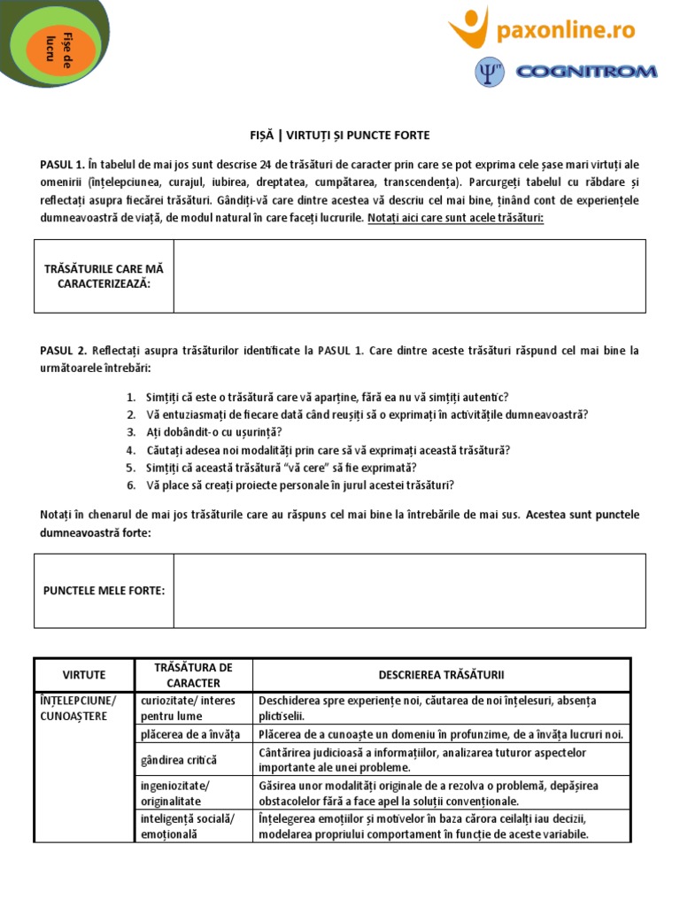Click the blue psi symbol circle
pyautogui.click(x=489, y=72)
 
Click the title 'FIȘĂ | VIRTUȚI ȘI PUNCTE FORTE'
pyautogui.click(x=340, y=135)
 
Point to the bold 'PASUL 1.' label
pyautogui.click(x=62, y=164)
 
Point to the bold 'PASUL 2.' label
pyautogui.click(x=62, y=351)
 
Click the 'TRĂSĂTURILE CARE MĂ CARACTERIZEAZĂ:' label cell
pyautogui.click(x=104, y=275)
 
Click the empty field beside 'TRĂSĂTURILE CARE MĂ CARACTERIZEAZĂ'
pyautogui.click(x=409, y=275)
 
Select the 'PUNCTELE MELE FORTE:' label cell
pyautogui.click(x=104, y=591)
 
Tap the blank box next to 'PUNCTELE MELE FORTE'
pyautogui.click(x=409, y=591)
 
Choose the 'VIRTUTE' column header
pyautogui.click(x=83, y=675)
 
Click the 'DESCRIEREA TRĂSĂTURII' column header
pyautogui.click(x=441, y=675)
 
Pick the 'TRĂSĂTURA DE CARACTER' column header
pyautogui.click(x=192, y=675)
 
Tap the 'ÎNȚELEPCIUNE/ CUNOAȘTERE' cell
pyautogui.click(x=83, y=709)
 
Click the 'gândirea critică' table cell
pyautogui.click(x=179, y=760)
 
